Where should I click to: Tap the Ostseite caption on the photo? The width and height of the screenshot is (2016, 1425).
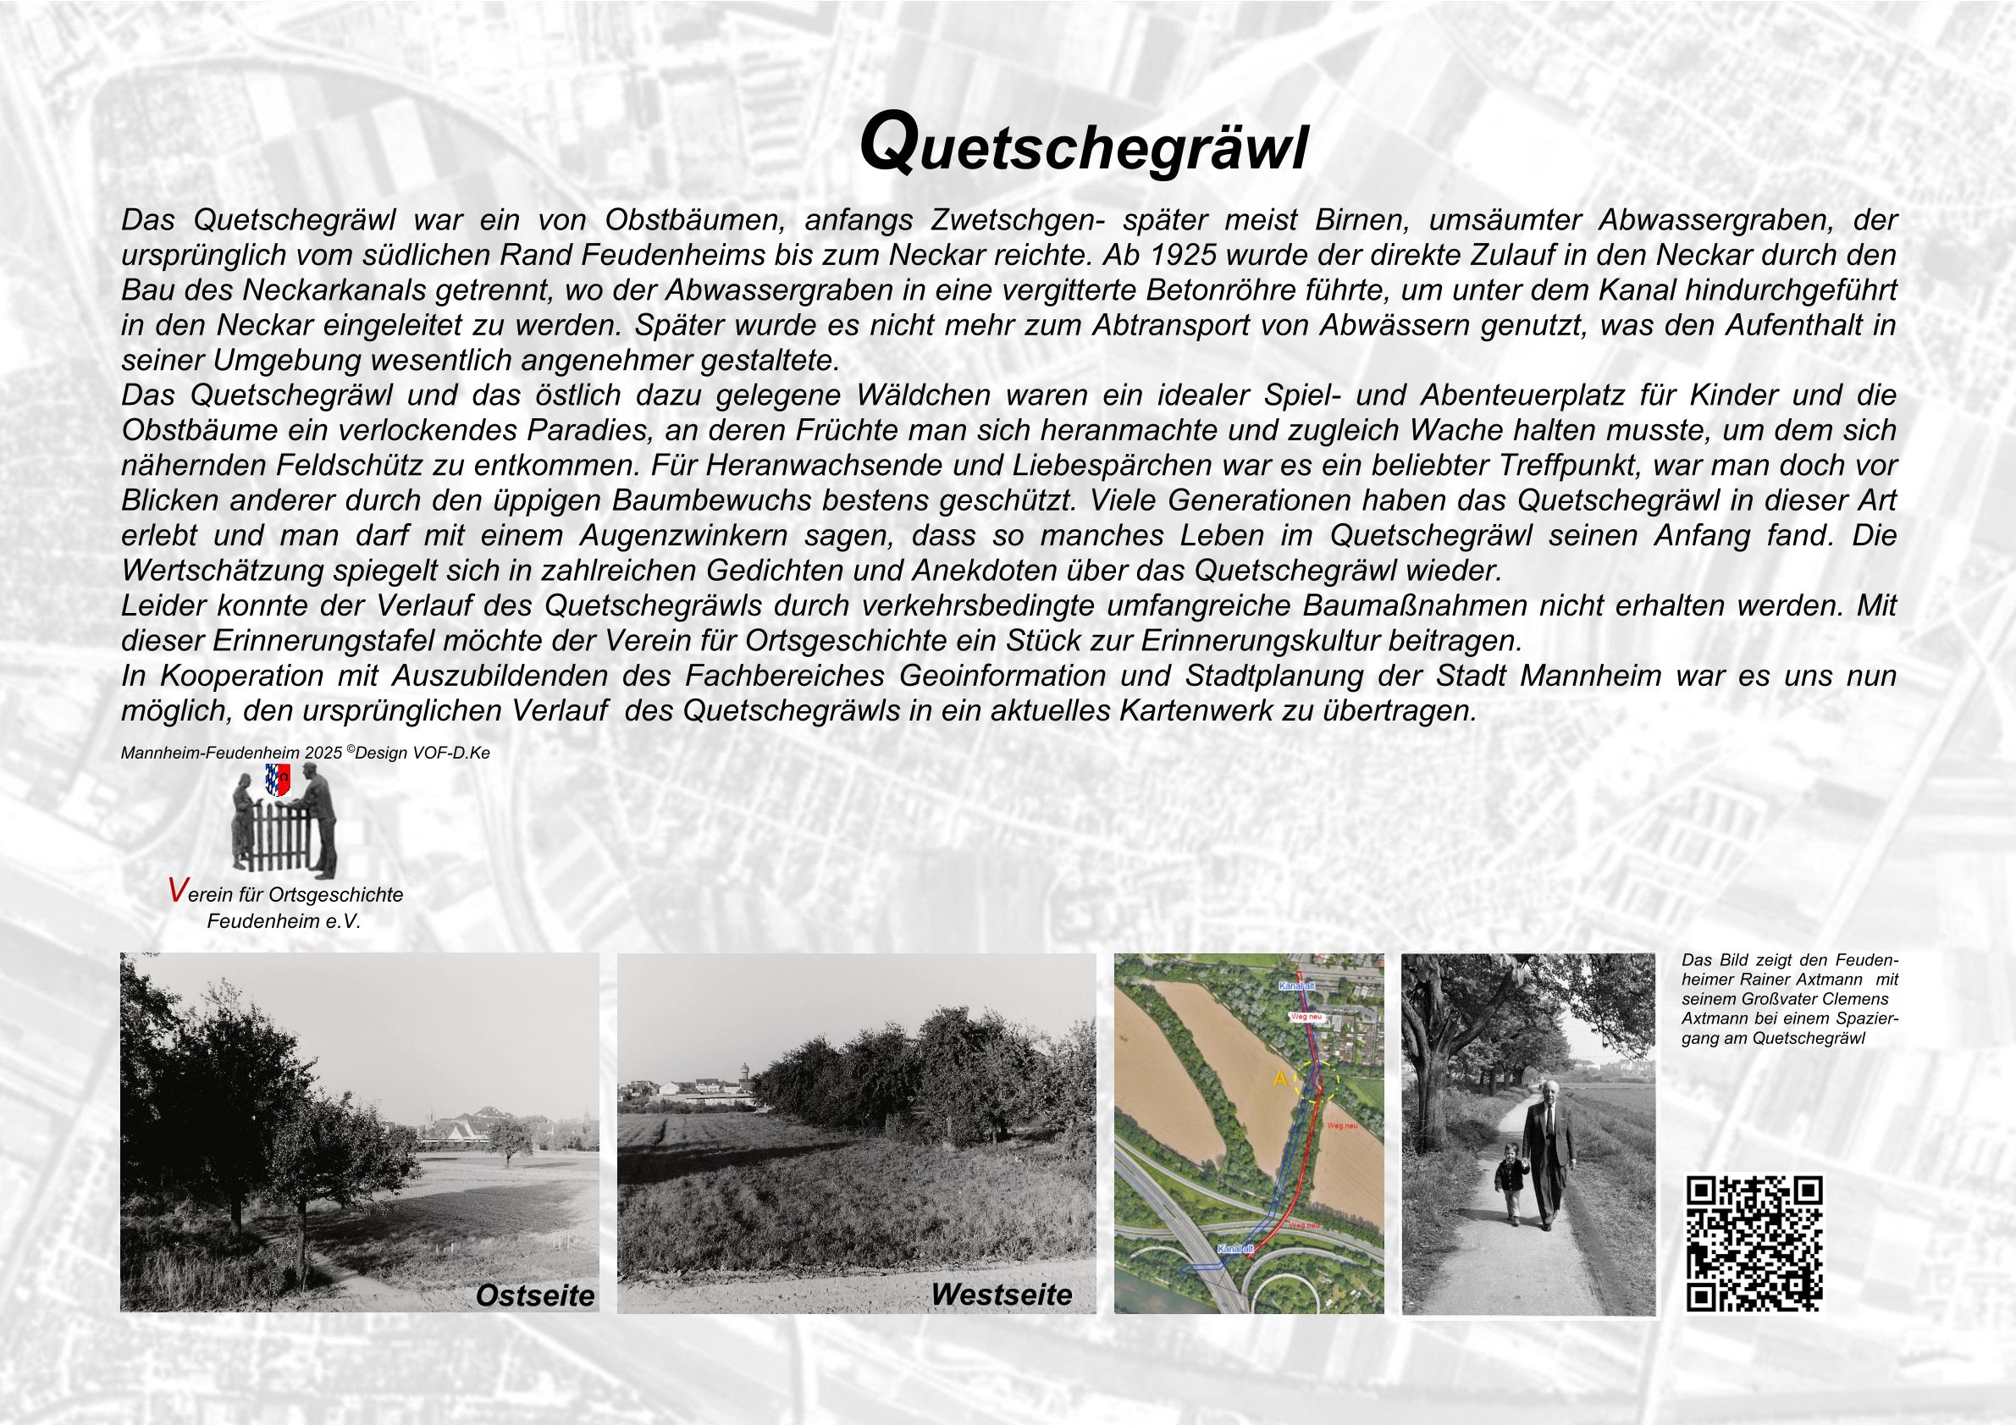pyautogui.click(x=535, y=1295)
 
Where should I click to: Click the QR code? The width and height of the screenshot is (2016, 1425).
pyautogui.click(x=1754, y=1243)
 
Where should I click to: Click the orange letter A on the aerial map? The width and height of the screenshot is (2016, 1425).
pyautogui.click(x=1280, y=1079)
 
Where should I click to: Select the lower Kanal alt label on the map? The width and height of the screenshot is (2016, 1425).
pyautogui.click(x=1234, y=1249)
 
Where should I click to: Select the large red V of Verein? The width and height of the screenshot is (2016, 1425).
pyautogui.click(x=176, y=892)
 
